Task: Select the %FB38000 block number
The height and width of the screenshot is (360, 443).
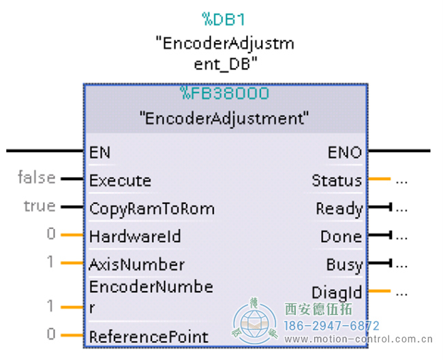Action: coord(225,93)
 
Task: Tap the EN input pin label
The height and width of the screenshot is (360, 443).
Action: coord(100,153)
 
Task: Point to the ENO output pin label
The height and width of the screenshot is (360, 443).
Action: coord(345,153)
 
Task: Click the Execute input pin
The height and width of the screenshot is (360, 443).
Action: coord(120,181)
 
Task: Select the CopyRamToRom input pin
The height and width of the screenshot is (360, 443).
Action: coord(151,209)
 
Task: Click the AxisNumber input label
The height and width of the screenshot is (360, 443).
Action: coord(136,265)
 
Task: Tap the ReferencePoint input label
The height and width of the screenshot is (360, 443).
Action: coord(149,336)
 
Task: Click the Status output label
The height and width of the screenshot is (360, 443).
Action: coord(337,181)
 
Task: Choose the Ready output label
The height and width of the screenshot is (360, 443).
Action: coord(339,209)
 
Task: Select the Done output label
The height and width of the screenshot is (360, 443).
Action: coord(341,237)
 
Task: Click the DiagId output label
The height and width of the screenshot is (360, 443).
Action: coord(337,292)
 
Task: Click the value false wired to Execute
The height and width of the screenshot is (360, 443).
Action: coord(37,178)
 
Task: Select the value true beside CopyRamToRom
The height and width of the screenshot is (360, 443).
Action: coord(40,206)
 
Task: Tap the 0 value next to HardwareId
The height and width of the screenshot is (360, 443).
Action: coord(51,235)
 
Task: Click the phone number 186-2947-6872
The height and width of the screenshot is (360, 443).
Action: coord(331,326)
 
